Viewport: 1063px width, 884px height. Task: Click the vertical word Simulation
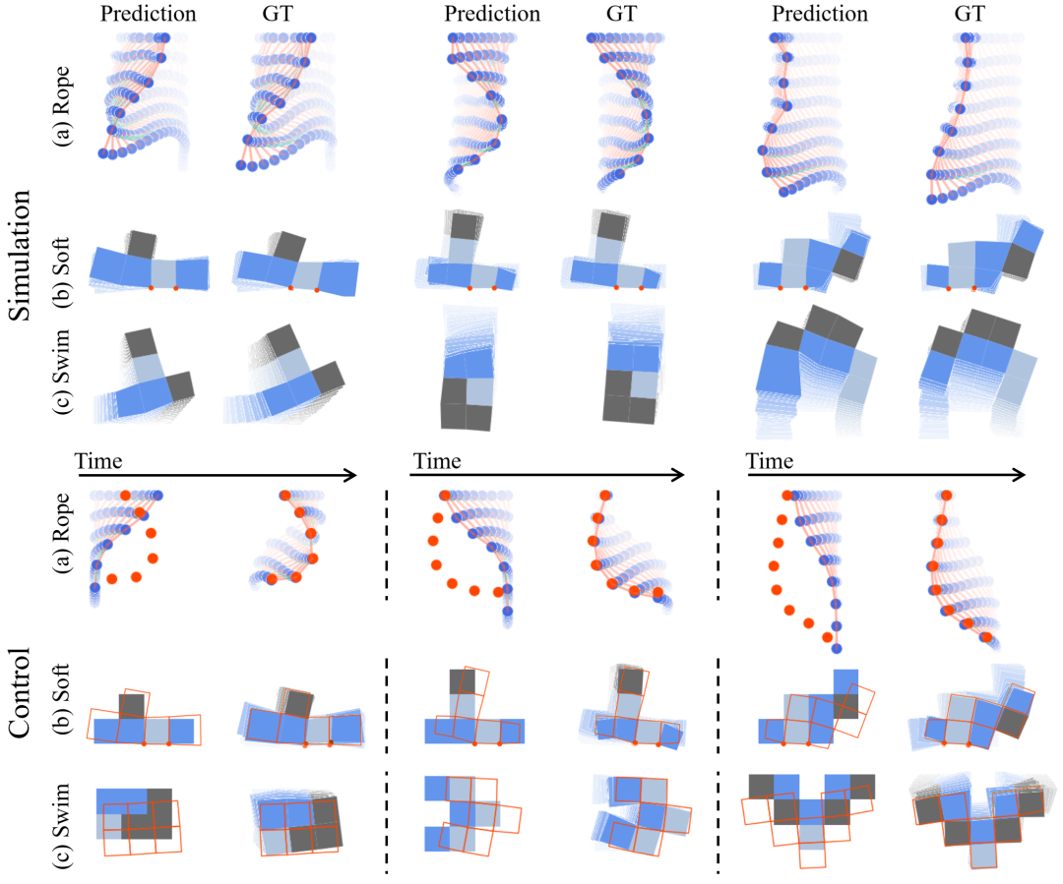[x=20, y=255]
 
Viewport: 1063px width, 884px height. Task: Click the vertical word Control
[x=20, y=691]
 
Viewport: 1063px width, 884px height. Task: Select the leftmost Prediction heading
[x=148, y=14]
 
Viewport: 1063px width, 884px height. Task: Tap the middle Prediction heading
[x=492, y=14]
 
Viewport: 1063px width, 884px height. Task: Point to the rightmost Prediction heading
[x=820, y=14]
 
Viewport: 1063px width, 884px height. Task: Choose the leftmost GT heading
[x=278, y=14]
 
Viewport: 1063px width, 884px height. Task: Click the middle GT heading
[x=622, y=14]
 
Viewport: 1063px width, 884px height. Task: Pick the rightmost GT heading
[x=969, y=14]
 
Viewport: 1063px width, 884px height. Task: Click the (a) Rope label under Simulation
[x=62, y=106]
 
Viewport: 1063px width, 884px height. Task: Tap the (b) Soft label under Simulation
[x=62, y=272]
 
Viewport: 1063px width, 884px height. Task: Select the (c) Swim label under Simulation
[x=62, y=372]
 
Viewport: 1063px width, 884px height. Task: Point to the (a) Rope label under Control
[x=62, y=533]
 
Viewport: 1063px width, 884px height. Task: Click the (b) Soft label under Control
[x=62, y=700]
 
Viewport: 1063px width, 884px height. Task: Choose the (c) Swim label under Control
[x=62, y=826]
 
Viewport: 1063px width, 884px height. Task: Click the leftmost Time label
[x=98, y=461]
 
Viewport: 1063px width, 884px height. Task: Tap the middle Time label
[x=437, y=461]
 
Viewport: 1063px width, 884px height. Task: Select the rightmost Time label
[x=770, y=461]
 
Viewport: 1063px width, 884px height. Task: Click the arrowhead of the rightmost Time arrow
[x=1020, y=476]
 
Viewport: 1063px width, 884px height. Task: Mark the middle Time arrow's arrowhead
[x=678, y=476]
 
